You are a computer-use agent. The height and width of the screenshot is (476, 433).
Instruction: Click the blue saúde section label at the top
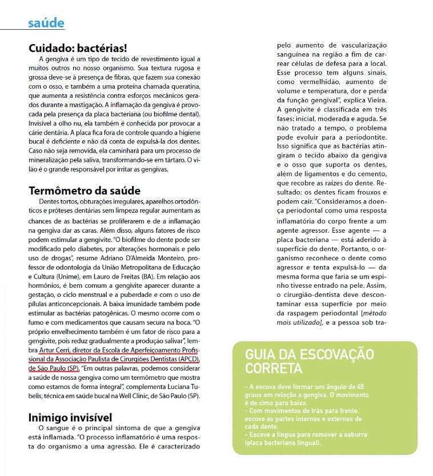(46, 23)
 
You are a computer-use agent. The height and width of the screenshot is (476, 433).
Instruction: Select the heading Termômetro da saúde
(85, 191)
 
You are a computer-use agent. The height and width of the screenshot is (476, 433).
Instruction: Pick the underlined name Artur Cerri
(58, 350)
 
